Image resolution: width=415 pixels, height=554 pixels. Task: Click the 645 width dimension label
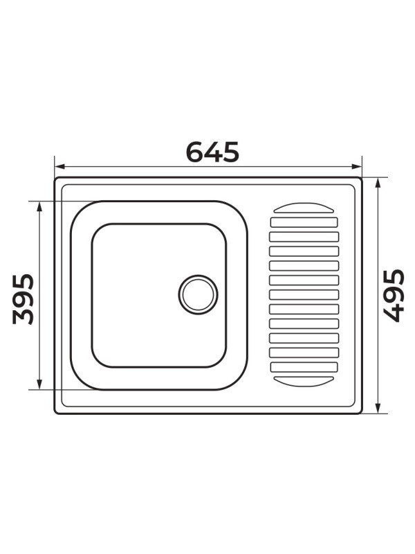(x=212, y=152)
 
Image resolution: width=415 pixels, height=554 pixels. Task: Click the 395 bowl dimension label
(x=23, y=298)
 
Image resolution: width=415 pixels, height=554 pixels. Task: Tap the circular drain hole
(x=199, y=294)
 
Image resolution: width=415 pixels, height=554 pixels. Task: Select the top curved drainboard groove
(x=304, y=208)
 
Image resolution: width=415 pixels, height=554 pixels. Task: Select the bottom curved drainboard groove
(x=304, y=381)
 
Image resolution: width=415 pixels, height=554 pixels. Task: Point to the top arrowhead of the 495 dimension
(x=378, y=182)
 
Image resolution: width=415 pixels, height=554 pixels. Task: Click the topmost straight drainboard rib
(x=304, y=222)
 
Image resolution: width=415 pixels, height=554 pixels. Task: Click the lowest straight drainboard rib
(x=304, y=367)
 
